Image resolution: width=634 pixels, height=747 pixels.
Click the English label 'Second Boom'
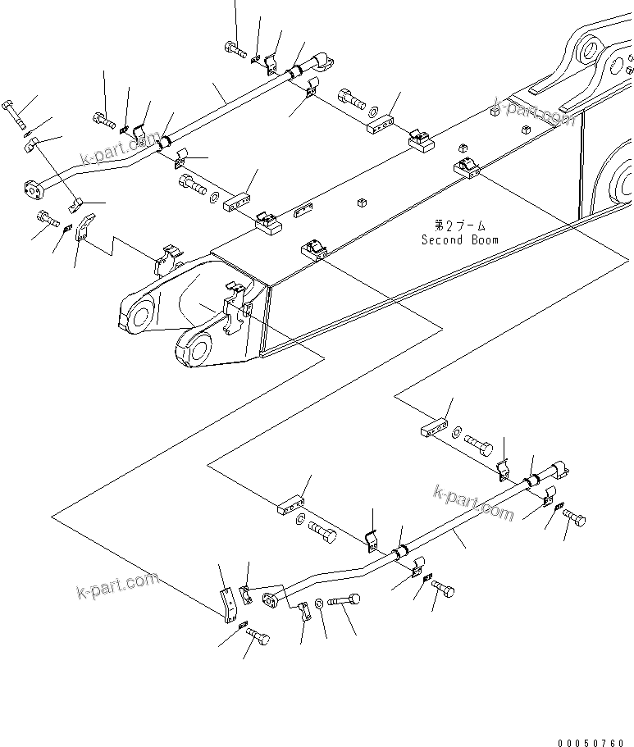tap(459, 240)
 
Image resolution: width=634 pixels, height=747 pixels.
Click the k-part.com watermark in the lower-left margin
tap(116, 585)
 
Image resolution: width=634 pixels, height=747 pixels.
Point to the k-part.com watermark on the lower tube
tap(472, 501)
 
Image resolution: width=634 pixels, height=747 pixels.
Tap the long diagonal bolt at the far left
tap(16, 115)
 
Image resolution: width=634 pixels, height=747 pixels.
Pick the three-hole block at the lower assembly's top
tap(435, 430)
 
